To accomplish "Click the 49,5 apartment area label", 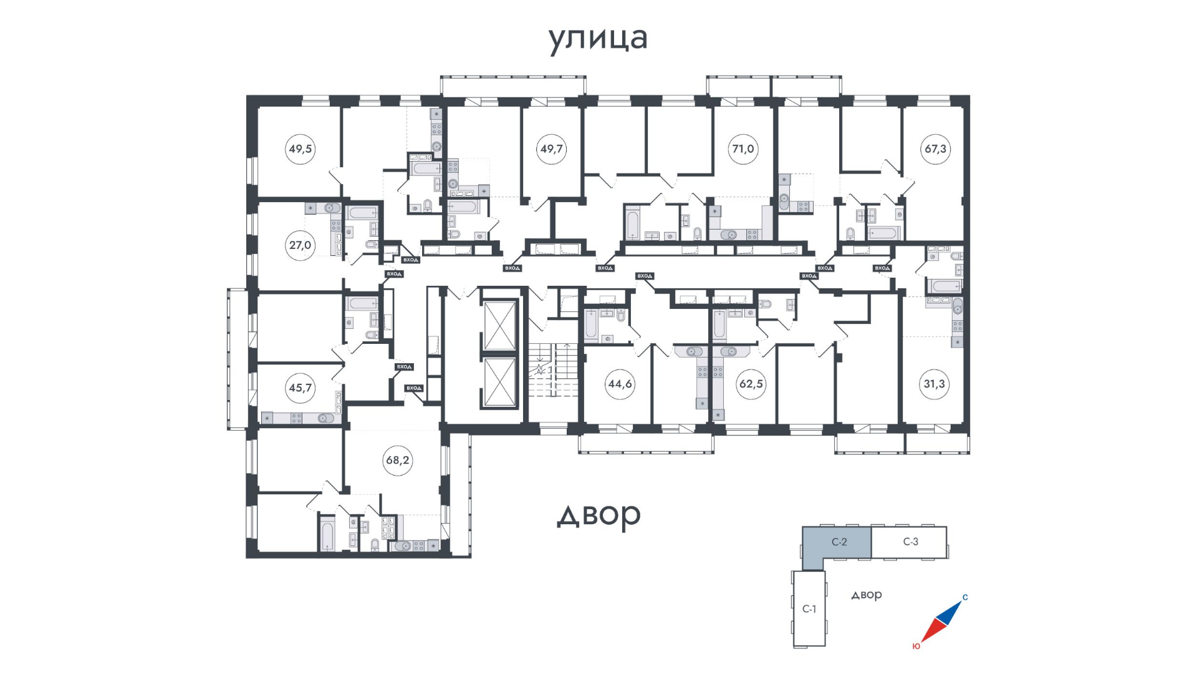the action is click(x=300, y=149).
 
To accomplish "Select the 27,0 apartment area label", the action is click(x=300, y=245).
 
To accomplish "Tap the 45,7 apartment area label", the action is click(x=300, y=388).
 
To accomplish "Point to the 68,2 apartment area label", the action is click(x=397, y=461).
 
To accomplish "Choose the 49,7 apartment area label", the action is click(x=551, y=149).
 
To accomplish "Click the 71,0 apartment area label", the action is click(x=743, y=149).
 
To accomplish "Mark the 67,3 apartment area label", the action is click(x=935, y=149).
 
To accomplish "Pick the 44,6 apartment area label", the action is click(x=620, y=384).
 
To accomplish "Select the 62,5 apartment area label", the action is click(x=751, y=384).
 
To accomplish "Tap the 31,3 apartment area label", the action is click(x=934, y=384).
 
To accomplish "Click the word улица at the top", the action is click(x=598, y=39).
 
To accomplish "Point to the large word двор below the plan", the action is click(x=598, y=515).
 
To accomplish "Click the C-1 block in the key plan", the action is click(x=809, y=608).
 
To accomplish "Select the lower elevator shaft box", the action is click(x=500, y=382).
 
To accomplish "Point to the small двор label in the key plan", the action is click(x=867, y=595).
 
